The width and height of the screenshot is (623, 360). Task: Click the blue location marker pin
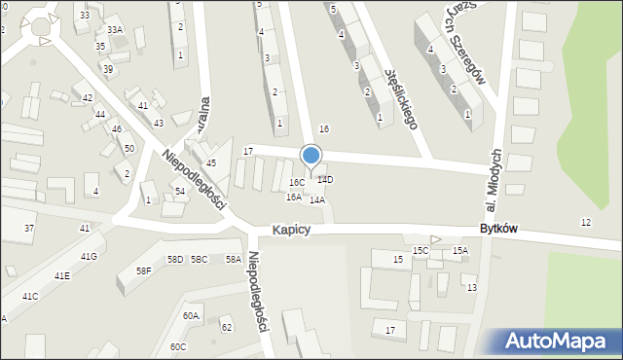[311, 156]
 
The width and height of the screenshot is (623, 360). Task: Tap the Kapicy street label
[291, 229]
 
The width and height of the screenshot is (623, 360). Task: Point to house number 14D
[325, 180]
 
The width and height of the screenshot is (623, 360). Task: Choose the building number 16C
[296, 182]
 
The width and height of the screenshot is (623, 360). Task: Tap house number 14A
[316, 199]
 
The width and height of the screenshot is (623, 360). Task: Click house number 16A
[293, 197]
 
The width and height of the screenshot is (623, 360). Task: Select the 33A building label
[115, 30]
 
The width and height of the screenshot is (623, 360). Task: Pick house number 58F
[143, 270]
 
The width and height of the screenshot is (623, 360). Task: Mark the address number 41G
[89, 256]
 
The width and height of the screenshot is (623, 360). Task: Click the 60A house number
[190, 315]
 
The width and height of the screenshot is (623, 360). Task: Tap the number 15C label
[420, 250]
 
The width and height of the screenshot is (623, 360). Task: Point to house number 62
[226, 327]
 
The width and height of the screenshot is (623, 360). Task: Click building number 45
[211, 162]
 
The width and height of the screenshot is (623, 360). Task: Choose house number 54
[180, 192]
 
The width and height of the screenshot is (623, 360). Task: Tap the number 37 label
[29, 228]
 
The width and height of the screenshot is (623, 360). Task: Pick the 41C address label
[30, 296]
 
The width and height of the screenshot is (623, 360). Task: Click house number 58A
[234, 259]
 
